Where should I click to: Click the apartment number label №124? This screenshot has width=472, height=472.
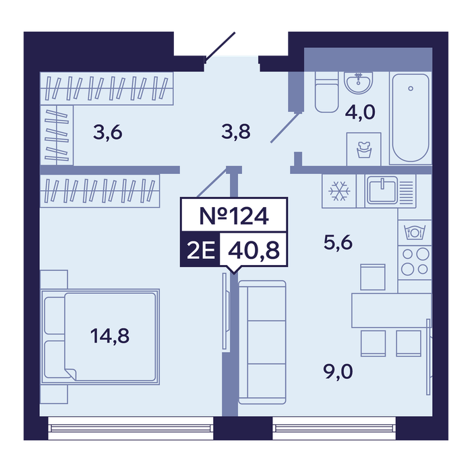coord(234,216)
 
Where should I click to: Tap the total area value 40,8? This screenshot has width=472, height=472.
coord(254,250)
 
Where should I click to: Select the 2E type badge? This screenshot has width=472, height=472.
coord(200,250)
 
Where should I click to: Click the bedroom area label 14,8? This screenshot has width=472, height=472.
coord(110,336)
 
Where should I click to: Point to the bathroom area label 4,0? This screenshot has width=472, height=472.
coord(360,113)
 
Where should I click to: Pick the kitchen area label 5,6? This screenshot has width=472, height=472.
coord(338,243)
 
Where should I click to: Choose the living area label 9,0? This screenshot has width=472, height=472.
coord(338,372)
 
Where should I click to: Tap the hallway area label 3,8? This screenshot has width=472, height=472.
coord(236,132)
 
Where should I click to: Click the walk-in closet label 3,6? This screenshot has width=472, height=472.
coord(107,132)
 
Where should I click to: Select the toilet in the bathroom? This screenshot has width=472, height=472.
coord(326,92)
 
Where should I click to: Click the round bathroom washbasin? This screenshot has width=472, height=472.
coord(359,82)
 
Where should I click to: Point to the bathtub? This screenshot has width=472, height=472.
coord(410,118)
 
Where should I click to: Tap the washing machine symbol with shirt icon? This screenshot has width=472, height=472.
coord(364,149)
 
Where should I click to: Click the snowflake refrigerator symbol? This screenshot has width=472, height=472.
coord(339,191)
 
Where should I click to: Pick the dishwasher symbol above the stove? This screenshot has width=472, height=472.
coord(414,232)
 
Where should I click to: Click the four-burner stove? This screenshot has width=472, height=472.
coord(415,262)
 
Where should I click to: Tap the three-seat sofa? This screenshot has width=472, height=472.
coord(262,343)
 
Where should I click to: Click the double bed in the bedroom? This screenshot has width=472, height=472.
coord(100,336)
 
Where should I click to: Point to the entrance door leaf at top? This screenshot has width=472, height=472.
coord(220,47)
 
